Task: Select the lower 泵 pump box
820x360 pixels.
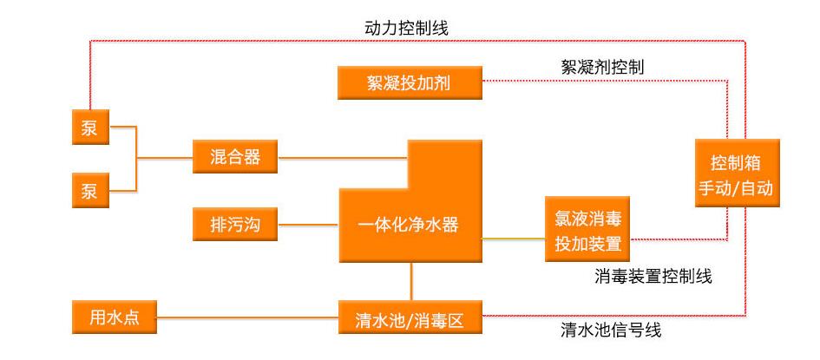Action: pyautogui.click(x=89, y=191)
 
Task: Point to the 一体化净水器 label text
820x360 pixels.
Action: pyautogui.click(x=408, y=226)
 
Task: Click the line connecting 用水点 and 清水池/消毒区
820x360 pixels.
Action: pyautogui.click(x=247, y=317)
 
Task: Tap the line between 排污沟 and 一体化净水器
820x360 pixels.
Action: pyautogui.click(x=307, y=226)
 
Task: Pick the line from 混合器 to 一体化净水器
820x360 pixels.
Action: pyautogui.click(x=342, y=158)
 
